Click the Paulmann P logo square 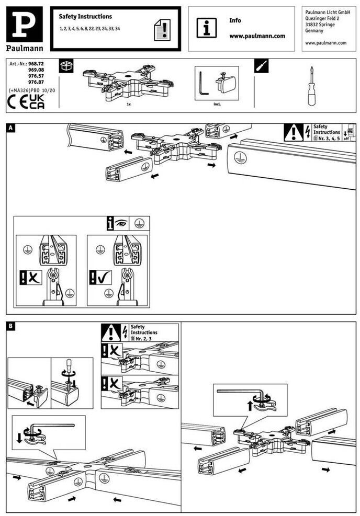click(x=25, y=24)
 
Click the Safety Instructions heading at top click(x=85, y=17)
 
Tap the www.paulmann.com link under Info click(x=257, y=36)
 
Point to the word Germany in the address click(x=314, y=31)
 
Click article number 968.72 click(x=36, y=63)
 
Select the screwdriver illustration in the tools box click(x=311, y=87)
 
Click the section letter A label click(x=11, y=127)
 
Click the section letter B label click(x=11, y=327)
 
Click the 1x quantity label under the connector click(x=128, y=105)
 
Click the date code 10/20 click(x=48, y=90)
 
